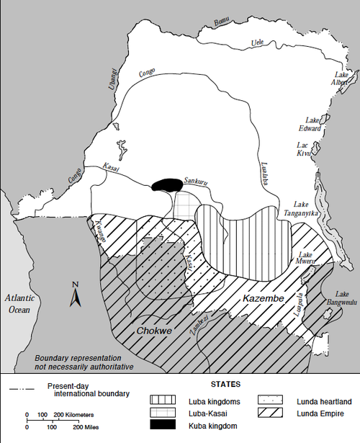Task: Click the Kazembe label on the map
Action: [x=263, y=298]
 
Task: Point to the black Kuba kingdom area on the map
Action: [x=167, y=184]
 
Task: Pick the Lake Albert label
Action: [x=341, y=79]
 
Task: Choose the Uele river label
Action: [x=257, y=42]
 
